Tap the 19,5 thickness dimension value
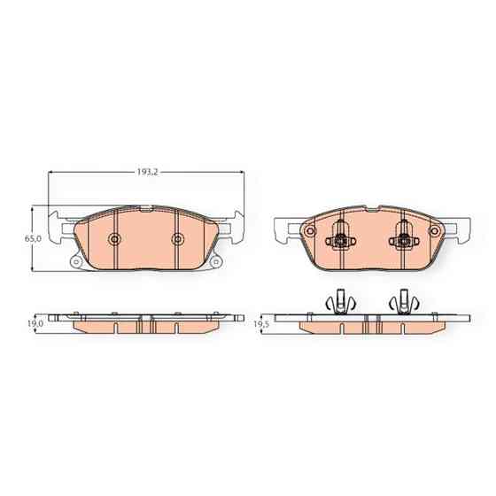click(x=260, y=325)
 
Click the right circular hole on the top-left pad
click(x=177, y=238)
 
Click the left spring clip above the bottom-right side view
click(x=337, y=301)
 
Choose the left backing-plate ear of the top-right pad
click(x=285, y=229)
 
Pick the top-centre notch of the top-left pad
click(x=145, y=209)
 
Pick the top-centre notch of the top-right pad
click(x=369, y=210)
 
